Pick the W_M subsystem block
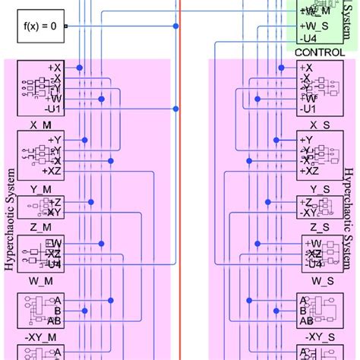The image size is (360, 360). (39, 253)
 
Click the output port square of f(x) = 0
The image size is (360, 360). (66, 27)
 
